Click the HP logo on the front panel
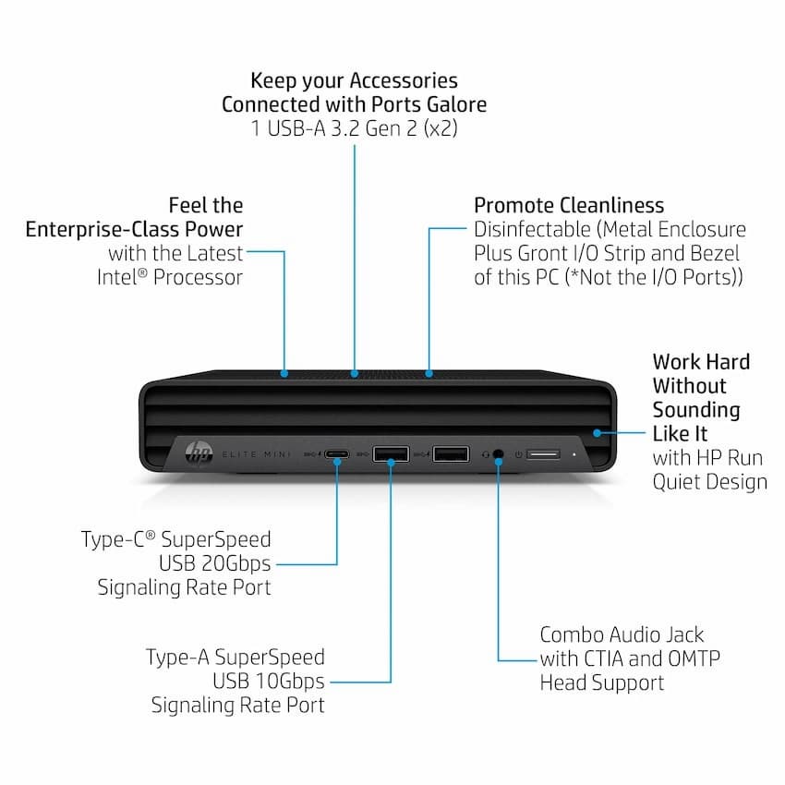tap(199, 453)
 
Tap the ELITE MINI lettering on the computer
tap(257, 454)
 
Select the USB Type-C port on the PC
tap(337, 454)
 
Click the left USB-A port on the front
tap(391, 454)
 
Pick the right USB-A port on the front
tap(451, 454)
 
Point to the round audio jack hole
tap(498, 454)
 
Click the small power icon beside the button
tap(519, 454)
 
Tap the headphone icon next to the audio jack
tap(485, 454)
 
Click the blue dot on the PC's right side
tap(597, 433)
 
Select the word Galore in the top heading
tap(456, 104)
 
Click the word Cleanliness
tap(611, 205)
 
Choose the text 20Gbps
tap(235, 563)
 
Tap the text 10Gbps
tap(290, 682)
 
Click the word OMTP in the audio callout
tap(694, 658)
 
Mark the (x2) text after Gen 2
tap(441, 128)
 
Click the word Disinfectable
tap(533, 229)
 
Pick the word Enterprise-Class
tap(103, 229)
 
